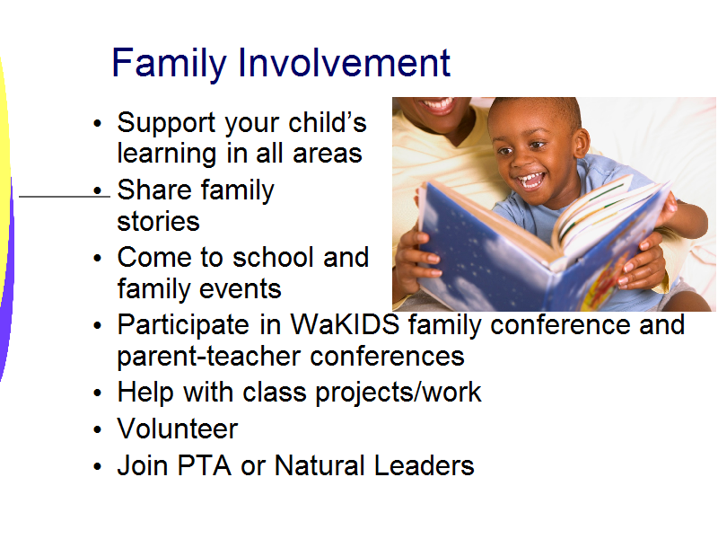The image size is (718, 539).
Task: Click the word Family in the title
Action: pos(170,63)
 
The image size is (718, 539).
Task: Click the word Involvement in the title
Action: pos(345,62)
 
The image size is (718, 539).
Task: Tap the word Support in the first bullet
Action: pos(166,124)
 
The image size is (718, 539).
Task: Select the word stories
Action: pos(159,221)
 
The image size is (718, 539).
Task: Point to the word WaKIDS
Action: pos(346,324)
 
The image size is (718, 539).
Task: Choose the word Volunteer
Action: pos(178,429)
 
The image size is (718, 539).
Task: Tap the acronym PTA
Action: pos(205,465)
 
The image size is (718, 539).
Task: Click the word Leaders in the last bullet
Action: pos(424,465)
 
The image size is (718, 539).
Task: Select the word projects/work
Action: pos(398,393)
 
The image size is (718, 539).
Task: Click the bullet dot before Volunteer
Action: pos(97,430)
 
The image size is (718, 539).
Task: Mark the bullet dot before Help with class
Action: pos(97,393)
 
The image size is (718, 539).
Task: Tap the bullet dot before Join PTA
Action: pos(97,466)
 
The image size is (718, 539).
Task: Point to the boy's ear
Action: pos(582,142)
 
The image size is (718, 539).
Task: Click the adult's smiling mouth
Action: pos(438,105)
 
